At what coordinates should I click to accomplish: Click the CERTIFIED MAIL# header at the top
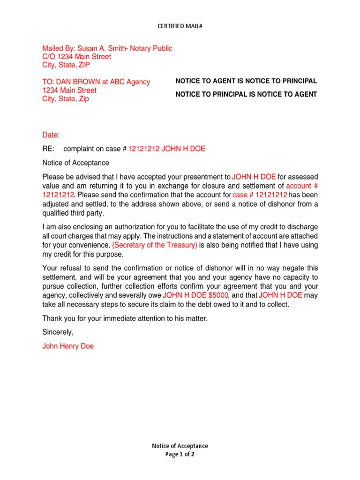click(180, 26)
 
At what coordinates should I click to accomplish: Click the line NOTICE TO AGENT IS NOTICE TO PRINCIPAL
click(246, 81)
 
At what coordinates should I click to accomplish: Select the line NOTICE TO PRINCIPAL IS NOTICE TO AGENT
click(246, 95)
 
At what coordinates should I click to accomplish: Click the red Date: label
click(51, 135)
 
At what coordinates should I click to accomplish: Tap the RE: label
click(48, 149)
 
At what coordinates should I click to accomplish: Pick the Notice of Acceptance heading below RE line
click(75, 163)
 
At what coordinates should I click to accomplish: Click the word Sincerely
click(58, 332)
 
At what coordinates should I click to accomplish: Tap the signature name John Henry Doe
click(68, 347)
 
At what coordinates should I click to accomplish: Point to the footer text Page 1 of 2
click(180, 455)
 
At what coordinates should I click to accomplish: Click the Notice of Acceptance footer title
click(180, 446)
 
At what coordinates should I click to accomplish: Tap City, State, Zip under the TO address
click(66, 99)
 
